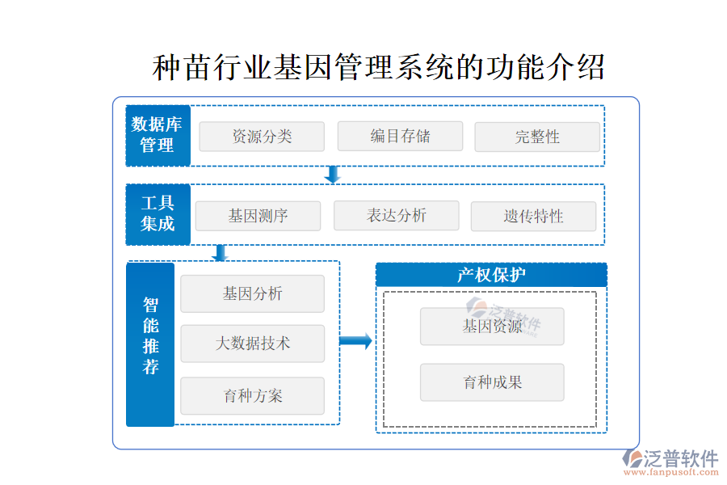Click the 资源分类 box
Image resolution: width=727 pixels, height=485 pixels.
262,137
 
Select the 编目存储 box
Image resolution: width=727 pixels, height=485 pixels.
400,136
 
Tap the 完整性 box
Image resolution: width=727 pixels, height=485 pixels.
537,137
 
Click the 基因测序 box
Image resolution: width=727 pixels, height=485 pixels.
258,216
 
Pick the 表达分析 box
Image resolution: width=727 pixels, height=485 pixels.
396,215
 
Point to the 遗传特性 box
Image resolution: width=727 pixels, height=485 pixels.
533,216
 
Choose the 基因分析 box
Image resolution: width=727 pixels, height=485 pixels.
252,293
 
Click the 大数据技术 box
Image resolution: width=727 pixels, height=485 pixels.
252,344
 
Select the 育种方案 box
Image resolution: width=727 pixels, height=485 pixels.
252,396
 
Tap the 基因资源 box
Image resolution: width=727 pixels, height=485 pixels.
492,327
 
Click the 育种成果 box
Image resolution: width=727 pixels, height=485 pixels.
492,382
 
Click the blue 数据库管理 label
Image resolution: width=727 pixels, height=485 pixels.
158,135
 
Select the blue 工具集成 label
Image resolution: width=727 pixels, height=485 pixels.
158,214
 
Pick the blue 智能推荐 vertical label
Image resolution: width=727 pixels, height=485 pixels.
150,344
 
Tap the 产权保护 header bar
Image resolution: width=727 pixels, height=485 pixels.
491,275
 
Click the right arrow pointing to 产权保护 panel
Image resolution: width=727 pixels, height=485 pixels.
355,341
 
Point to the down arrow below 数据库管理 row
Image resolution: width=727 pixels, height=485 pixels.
332,175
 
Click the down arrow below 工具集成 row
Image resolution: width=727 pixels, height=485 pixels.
220,253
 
